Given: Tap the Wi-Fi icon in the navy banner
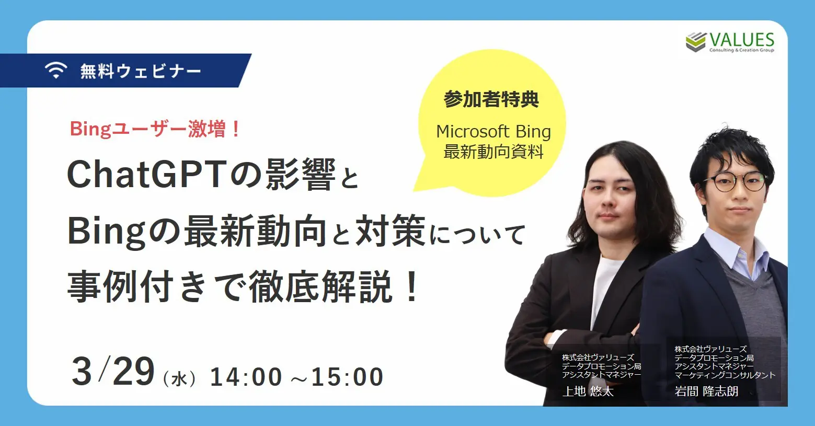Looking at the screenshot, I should pos(56,71).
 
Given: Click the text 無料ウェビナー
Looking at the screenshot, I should pos(141,71).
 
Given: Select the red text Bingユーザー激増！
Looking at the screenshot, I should pos(155,129).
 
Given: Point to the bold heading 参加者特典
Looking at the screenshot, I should pos(491,99).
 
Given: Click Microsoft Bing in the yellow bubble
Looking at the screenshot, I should pos(493,131).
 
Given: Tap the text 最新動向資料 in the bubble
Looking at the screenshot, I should pos(493,152).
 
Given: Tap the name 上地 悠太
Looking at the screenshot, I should pos(588,391).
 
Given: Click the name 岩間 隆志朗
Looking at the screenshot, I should pos(706,391).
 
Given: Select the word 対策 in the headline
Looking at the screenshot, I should pos(390,232).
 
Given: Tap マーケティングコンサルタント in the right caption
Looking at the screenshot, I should pos(725,375).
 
